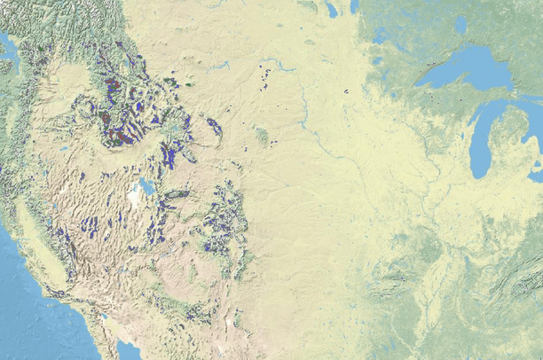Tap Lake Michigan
483,142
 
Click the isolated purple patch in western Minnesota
345,92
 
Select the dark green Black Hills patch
261,136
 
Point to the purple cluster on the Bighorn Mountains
215,126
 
